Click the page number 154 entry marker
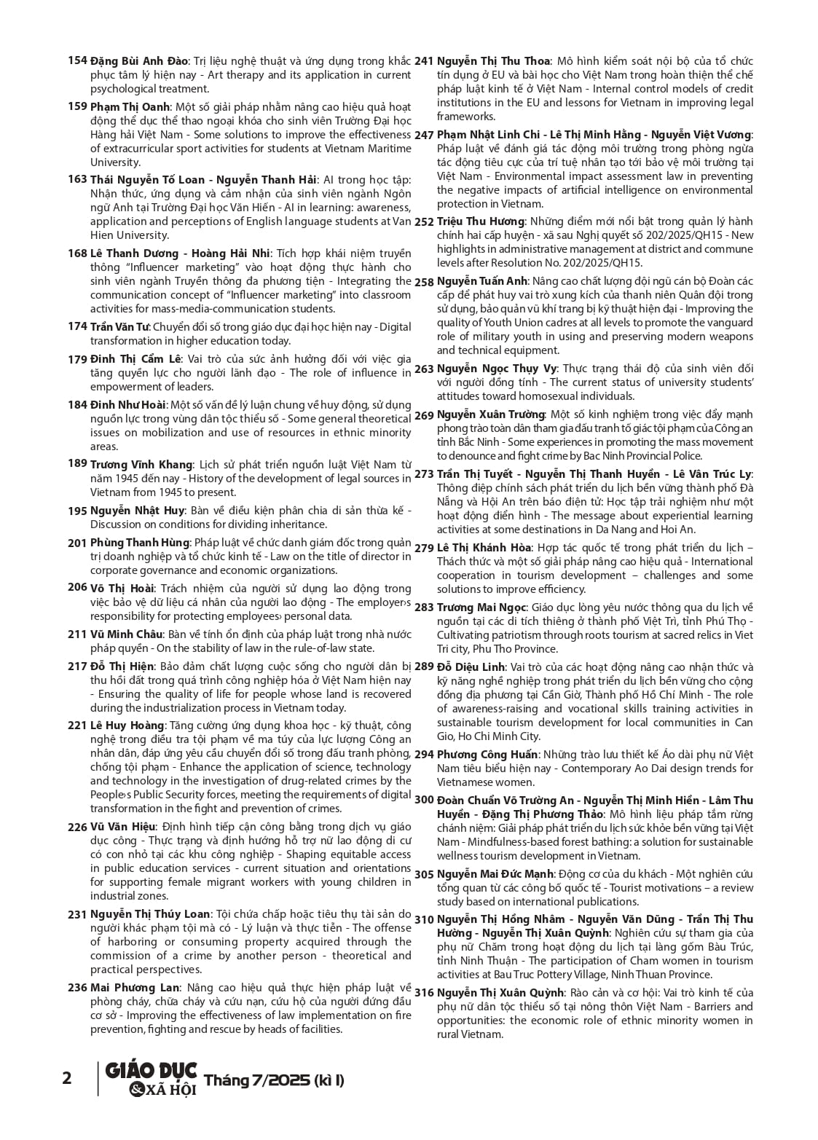pos(77,60)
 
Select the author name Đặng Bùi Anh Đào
pos(139,61)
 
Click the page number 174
pos(77,326)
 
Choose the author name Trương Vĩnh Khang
pos(141,465)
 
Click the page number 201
pos(77,543)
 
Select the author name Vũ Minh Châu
pos(126,634)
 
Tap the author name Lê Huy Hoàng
pos(127,726)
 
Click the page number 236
pos(77,988)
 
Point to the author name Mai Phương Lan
pos(135,988)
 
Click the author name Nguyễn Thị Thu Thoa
pos(493,61)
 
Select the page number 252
pos(424,221)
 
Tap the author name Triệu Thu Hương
pos(481,221)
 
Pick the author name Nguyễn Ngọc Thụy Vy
pos(497,369)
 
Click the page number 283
pos(424,608)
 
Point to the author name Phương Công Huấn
pos(487,755)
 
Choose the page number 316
pos(424,993)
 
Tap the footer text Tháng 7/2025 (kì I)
pos(274,1080)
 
